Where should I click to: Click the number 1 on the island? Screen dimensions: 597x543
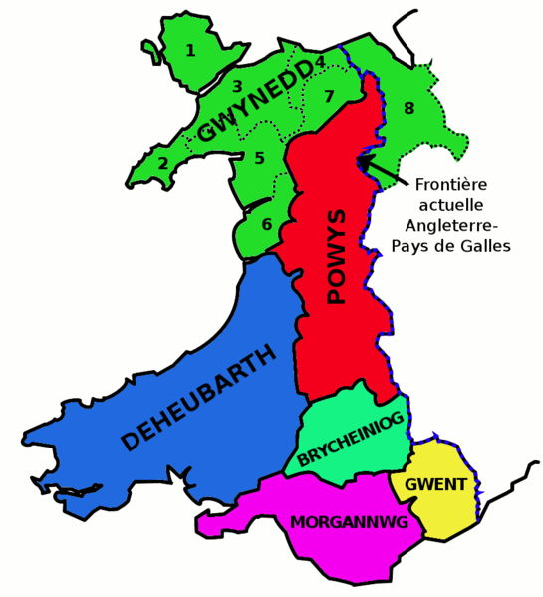coord(191,49)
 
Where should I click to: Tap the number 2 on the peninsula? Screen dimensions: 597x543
coord(163,164)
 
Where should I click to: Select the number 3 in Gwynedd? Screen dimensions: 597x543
coord(237,87)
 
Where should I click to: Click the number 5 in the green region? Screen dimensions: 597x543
coord(259,158)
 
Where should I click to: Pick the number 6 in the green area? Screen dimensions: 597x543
coord(267,224)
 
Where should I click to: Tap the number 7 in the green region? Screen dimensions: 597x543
coord(329,97)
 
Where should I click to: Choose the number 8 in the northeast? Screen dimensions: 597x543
coord(408,107)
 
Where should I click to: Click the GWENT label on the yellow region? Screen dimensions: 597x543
coord(435,485)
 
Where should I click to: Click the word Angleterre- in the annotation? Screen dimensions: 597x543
coord(453,225)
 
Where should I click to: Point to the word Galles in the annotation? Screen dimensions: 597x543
coord(484,246)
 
